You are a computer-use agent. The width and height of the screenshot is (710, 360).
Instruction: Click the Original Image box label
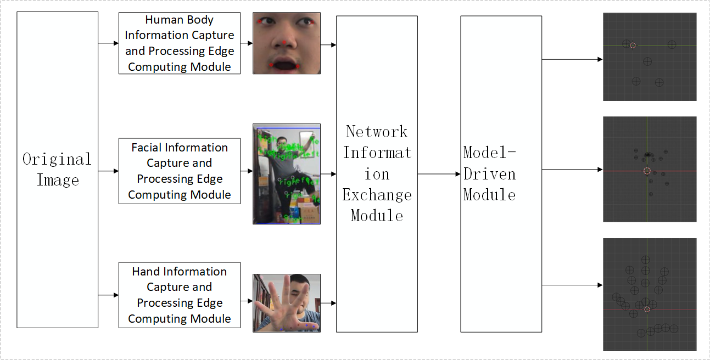57,170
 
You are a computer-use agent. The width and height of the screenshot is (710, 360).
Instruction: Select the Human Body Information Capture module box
179,43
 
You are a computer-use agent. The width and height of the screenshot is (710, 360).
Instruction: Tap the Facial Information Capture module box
179,171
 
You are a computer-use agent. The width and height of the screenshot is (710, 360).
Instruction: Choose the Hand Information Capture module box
179,295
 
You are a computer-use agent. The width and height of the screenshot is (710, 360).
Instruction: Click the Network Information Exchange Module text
377,173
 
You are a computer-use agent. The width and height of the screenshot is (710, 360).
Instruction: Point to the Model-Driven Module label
489,173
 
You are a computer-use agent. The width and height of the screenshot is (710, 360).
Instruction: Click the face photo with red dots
286,43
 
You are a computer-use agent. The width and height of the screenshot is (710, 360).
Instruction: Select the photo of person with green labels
286,173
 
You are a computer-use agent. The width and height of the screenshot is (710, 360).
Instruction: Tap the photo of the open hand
286,303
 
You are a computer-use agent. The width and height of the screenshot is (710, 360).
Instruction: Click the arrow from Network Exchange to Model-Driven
439,174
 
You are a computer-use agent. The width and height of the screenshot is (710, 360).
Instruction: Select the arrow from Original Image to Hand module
108,295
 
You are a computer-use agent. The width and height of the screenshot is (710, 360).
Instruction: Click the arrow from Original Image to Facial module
108,171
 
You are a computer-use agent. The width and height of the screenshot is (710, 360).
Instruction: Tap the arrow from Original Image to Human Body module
108,43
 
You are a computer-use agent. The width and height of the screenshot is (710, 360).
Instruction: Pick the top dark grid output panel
649,57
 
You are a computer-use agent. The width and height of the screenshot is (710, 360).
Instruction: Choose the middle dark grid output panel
649,169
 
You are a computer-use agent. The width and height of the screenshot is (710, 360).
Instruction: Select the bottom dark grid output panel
649,294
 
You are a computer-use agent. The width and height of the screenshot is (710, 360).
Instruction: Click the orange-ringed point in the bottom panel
647,310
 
